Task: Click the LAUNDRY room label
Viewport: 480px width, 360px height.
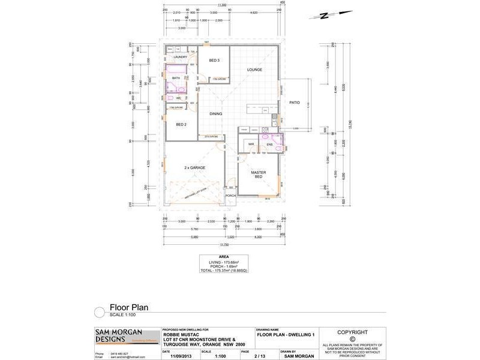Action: pyautogui.click(x=181, y=57)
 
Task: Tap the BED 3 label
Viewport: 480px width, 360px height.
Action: pyautogui.click(x=214, y=61)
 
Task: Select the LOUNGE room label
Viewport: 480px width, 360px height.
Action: pyautogui.click(x=255, y=70)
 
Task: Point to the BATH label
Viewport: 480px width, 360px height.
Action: pyautogui.click(x=176, y=78)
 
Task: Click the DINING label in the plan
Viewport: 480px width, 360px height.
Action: pyautogui.click(x=215, y=113)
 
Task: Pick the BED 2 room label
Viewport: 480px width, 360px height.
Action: pyautogui.click(x=182, y=125)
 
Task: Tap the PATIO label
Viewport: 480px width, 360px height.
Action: pyautogui.click(x=294, y=102)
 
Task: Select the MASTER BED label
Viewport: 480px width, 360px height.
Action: pyautogui.click(x=258, y=174)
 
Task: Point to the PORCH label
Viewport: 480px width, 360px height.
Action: pyautogui.click(x=230, y=196)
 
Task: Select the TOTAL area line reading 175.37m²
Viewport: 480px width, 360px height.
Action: pyautogui.click(x=223, y=271)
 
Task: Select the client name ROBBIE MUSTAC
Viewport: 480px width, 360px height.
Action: pyautogui.click(x=183, y=334)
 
